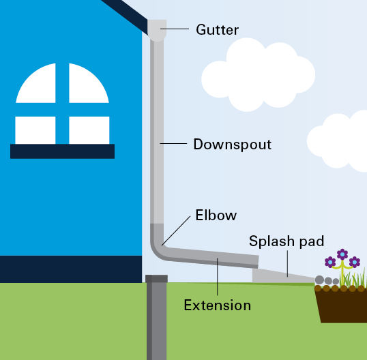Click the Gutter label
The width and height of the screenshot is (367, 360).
coord(217,30)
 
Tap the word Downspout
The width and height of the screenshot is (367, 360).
coord(232,145)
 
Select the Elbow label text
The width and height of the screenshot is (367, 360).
coord(216,215)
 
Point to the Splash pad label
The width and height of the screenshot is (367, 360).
coord(287,241)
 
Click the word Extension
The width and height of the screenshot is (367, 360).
coord(217,305)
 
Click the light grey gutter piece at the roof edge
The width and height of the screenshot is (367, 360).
coord(157,31)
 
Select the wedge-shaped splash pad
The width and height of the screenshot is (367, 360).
coord(281,277)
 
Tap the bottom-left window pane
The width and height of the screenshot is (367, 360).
coord(35,130)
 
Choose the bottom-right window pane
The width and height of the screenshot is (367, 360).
coord(89,130)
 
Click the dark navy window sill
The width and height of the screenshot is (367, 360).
coord(62,151)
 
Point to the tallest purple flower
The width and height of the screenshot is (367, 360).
coord(342,254)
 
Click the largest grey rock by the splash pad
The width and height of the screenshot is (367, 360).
coord(319,280)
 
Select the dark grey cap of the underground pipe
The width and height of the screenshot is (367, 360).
coord(156,279)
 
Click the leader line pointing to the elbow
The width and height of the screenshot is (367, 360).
coord(176,230)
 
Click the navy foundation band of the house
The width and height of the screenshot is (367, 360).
coord(71,269)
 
